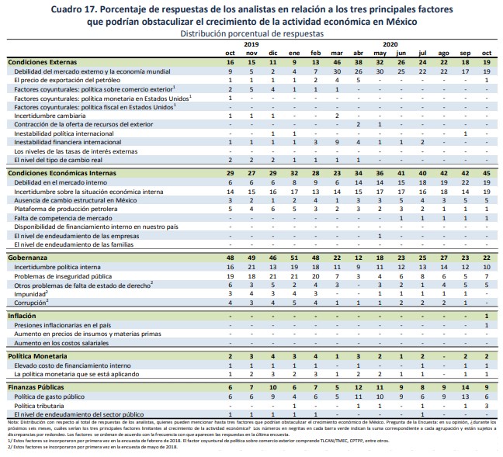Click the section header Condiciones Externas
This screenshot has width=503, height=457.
point(43,61)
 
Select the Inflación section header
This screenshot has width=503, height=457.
point(22,316)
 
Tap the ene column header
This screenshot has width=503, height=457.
point(294,52)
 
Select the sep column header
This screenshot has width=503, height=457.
point(465,52)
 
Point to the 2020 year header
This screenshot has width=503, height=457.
point(390,45)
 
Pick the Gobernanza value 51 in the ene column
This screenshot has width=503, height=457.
point(294,256)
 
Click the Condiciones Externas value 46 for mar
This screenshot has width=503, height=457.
point(337,61)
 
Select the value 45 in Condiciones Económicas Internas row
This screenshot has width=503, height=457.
point(486,172)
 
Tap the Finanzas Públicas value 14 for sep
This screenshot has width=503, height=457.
point(465,386)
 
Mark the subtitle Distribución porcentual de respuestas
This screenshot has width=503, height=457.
point(250,35)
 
